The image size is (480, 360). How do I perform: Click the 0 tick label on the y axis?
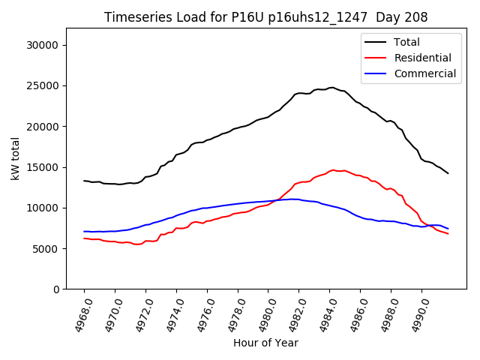click(55, 289)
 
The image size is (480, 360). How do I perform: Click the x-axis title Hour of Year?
click(265, 343)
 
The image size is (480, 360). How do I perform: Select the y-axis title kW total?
click(15, 158)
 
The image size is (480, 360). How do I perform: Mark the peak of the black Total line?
click(332, 87)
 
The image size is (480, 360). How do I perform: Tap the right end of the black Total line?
click(448, 173)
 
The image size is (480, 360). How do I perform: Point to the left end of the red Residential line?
click(84, 238)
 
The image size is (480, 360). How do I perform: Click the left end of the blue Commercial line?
click(84, 232)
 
